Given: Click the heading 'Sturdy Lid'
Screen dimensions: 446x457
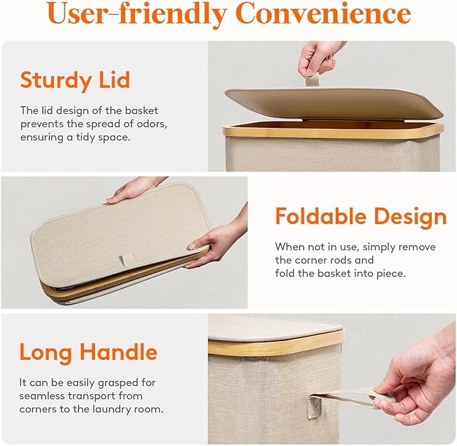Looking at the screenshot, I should coord(75,79).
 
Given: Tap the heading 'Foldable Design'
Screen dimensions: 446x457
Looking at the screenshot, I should coord(361,217).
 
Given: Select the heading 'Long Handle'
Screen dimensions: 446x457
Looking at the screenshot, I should coord(88,352).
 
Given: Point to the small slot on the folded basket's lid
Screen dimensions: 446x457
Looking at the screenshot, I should coord(125,258).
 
